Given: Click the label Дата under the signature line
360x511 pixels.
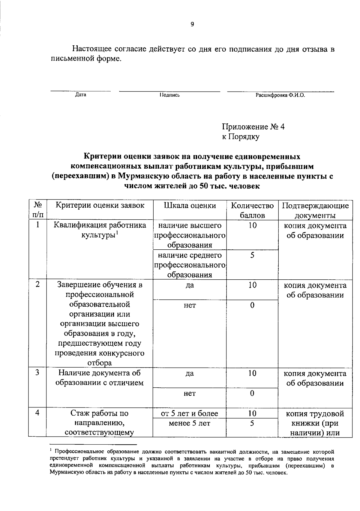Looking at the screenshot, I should [x=80, y=95].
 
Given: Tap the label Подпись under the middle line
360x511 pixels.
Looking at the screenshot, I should [x=169, y=95].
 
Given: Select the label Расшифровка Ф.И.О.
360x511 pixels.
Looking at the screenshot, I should [x=280, y=95].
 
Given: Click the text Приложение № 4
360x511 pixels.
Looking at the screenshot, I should [x=253, y=127].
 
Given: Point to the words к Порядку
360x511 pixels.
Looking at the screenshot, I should [x=241, y=137].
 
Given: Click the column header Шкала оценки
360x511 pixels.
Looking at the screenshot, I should [x=190, y=206].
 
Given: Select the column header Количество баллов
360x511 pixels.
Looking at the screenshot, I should [x=252, y=210].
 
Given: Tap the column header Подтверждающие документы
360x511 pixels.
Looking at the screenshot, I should [x=315, y=210].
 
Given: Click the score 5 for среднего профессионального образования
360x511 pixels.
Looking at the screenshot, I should [x=252, y=255].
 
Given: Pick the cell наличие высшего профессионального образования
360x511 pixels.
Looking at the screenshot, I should [x=190, y=235].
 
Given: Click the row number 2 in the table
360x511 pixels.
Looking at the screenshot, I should [x=37, y=284].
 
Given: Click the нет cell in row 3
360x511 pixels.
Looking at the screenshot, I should [x=190, y=393].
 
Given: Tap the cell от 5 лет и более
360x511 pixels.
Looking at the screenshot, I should [x=190, y=413].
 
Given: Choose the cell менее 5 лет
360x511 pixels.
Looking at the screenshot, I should [x=190, y=423].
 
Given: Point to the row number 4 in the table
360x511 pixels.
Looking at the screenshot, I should [x=37, y=413].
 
